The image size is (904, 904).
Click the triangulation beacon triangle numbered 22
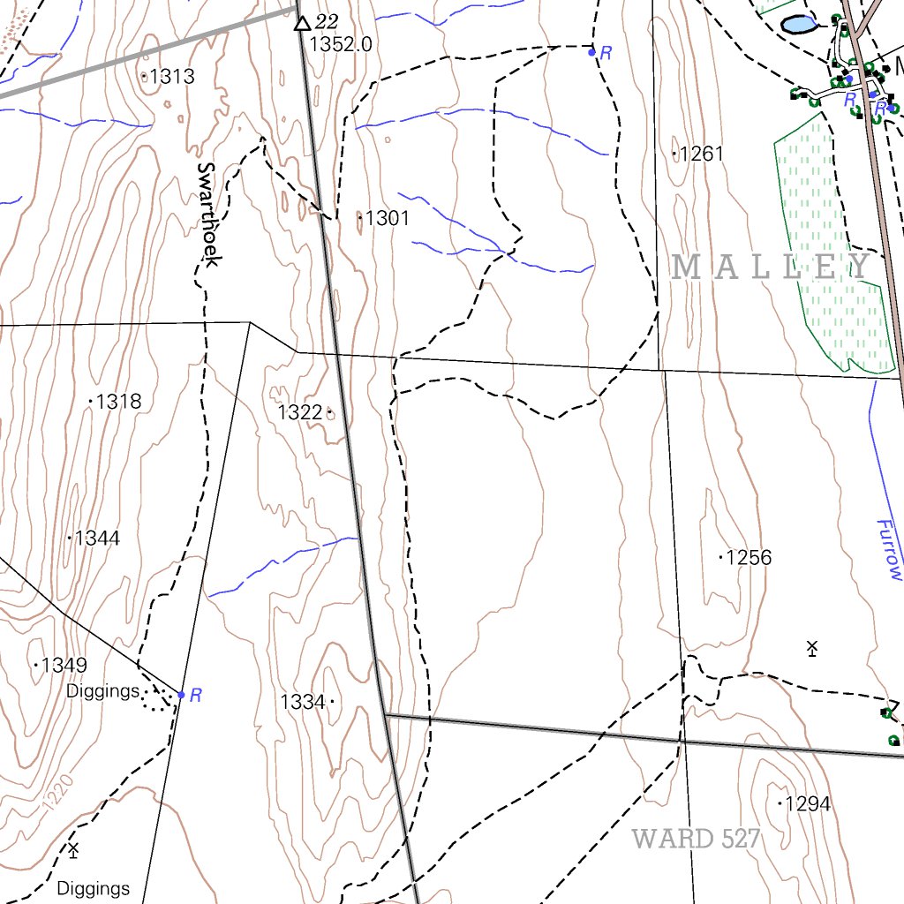[303, 23]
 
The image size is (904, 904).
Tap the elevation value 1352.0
[340, 44]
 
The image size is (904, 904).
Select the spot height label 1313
[171, 77]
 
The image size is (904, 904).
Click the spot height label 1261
[702, 154]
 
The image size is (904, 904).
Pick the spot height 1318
[118, 402]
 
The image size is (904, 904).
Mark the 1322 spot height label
[300, 412]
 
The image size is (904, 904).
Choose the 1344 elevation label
[97, 538]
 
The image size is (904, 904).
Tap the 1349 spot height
[64, 665]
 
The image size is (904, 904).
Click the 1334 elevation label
[303, 703]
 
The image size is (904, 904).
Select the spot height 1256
[749, 558]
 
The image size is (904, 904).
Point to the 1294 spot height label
[807, 804]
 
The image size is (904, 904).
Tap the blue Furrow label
[890, 549]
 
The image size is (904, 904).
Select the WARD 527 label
[697, 839]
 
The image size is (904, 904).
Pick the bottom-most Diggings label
[94, 888]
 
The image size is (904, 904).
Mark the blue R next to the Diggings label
[196, 696]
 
